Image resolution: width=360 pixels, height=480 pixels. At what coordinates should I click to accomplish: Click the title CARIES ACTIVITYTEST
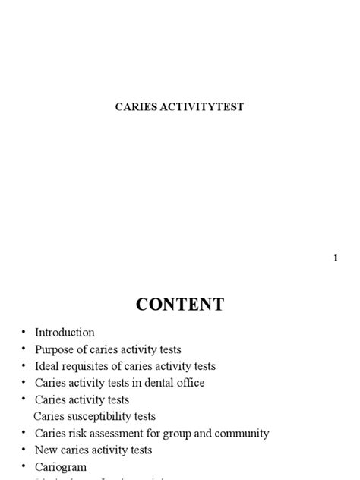pos(179,107)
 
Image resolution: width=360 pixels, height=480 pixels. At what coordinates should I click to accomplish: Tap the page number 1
pos(335,258)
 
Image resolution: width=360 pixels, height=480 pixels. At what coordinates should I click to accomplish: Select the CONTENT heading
pos(180,305)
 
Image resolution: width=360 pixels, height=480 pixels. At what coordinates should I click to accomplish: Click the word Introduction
pos(65,333)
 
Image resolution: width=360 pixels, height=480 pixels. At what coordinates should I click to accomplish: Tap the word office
pos(189,383)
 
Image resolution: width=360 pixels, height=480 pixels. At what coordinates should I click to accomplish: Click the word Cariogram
pos(61,467)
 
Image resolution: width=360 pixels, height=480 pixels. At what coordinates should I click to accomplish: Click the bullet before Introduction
pos(24,333)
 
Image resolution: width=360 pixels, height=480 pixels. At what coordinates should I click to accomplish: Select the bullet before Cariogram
pos(24,467)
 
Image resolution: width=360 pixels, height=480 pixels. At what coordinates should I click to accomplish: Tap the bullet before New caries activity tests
pos(24,450)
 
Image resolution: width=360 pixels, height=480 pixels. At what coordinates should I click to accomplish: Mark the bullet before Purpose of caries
pos(24,349)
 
